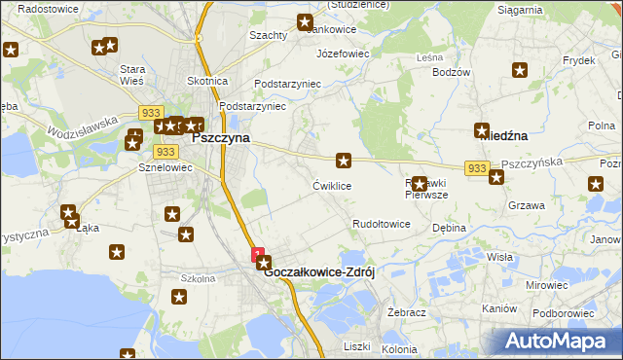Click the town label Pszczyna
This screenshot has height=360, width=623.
tap(221, 138)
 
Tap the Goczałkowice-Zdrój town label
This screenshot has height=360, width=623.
tap(320, 272)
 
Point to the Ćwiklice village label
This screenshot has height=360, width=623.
tap(331, 185)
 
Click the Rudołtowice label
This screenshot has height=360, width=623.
tap(381, 224)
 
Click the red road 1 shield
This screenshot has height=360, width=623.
tap(257, 254)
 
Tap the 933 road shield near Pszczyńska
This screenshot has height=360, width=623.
tap(476, 168)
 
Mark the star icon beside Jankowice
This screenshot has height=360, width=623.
tap(305, 21)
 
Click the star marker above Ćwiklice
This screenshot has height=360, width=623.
tap(344, 160)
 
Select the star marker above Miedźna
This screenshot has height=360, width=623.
tap(482, 129)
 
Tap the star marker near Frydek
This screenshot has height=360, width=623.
tap(520, 70)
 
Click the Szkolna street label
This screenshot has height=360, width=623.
tap(198, 278)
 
